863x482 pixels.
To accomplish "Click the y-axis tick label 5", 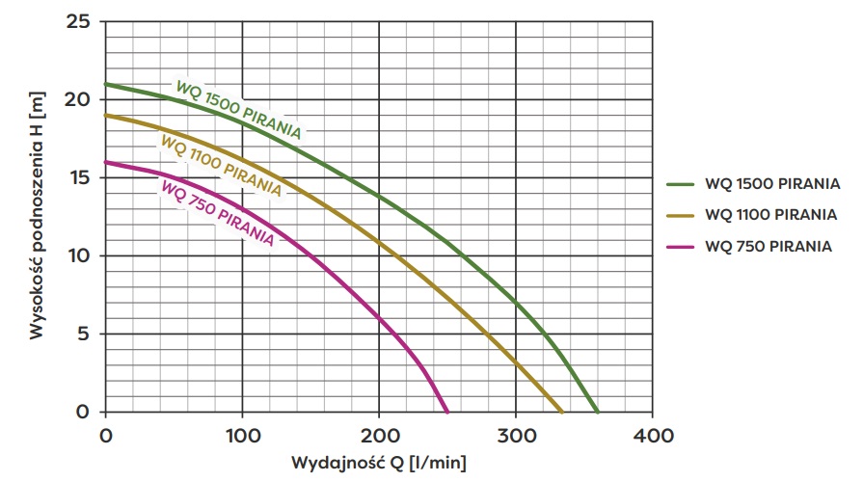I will pos(85,334).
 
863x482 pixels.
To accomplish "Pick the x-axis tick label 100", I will pos(242,435).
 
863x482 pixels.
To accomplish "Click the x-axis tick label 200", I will pos(379,435).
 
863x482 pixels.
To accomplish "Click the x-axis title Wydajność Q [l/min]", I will pos(381,464).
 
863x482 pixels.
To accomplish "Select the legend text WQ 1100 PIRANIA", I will pos(770,214).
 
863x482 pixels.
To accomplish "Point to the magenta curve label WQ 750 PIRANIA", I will pos(216,212).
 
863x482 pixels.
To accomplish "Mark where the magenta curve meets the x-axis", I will pos(447,412).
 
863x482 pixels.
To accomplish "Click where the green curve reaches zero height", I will pos(598,412).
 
